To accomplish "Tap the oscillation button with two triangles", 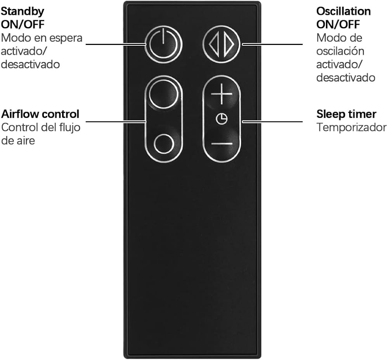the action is (x=221, y=45).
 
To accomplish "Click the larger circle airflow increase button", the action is (x=163, y=94).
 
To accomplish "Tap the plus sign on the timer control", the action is (x=222, y=94).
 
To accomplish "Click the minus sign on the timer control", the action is (x=222, y=143).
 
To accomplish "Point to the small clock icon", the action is (x=222, y=119).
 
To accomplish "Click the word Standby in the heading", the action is (x=23, y=12).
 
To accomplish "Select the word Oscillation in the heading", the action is (x=343, y=11).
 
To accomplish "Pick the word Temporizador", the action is (x=352, y=127).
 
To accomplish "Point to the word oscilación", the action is (x=340, y=52).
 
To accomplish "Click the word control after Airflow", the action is (x=60, y=114).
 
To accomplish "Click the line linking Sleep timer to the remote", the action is (x=272, y=122).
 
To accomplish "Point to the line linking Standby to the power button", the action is (x=116, y=45).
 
